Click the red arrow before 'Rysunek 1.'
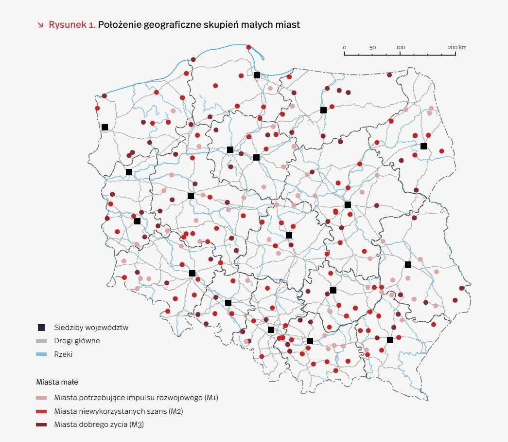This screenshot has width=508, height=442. pyautogui.click(x=40, y=25)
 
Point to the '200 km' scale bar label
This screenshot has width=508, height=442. pyautogui.click(x=457, y=47)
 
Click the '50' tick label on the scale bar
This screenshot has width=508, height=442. pyautogui.click(x=372, y=47)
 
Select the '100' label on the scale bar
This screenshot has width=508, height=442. pyautogui.click(x=400, y=47)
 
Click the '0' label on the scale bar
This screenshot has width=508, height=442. pyautogui.click(x=345, y=47)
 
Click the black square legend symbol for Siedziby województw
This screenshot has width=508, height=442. pyautogui.click(x=41, y=327)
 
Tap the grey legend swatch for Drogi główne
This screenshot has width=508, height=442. pyautogui.click(x=41, y=341)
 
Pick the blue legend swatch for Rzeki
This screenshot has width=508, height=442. pyautogui.click(x=41, y=354)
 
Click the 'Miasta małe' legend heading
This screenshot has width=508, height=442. pyautogui.click(x=57, y=382)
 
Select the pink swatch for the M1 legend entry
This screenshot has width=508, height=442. pyautogui.click(x=41, y=398)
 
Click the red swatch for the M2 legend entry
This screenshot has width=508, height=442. pyautogui.click(x=41, y=411)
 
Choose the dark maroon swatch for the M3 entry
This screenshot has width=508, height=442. pyautogui.click(x=41, y=425)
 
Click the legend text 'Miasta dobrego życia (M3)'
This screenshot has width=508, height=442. pyautogui.click(x=99, y=425)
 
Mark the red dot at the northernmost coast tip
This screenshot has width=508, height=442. pyautogui.click(x=249, y=47)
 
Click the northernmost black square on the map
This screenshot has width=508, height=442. pyautogui.click(x=257, y=75)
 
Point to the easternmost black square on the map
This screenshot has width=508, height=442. pyautogui.click(x=423, y=146)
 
